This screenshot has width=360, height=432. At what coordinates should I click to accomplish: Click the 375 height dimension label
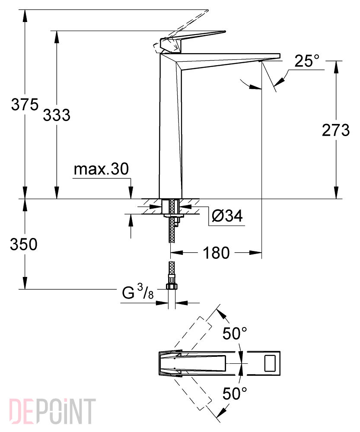point(25,105)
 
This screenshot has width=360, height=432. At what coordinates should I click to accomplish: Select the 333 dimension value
point(57,115)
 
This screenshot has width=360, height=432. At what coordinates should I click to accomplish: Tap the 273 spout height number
point(336,130)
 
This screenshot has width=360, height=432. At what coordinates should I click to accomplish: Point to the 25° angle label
point(306,61)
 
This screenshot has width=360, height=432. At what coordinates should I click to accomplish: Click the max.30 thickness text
point(101,169)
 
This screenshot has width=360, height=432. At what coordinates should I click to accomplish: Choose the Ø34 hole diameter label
point(227,216)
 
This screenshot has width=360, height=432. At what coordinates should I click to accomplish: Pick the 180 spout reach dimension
point(216,253)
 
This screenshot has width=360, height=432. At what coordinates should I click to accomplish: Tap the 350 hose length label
point(24,245)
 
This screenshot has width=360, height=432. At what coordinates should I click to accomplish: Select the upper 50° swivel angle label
point(235,334)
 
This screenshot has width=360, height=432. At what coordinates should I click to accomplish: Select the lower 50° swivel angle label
point(235,393)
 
